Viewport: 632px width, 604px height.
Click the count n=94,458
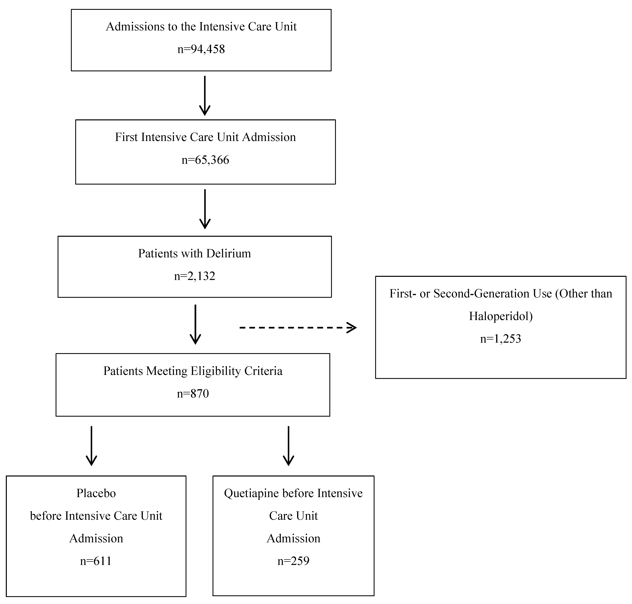(x=201, y=49)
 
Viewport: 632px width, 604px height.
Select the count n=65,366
(x=205, y=160)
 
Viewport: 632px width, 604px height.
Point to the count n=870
(x=193, y=393)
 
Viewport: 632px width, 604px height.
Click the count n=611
(x=96, y=561)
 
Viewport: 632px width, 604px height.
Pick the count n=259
(x=293, y=561)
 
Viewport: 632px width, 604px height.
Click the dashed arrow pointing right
(x=298, y=328)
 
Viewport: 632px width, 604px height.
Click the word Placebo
(x=96, y=493)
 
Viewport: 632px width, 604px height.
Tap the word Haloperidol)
(x=501, y=316)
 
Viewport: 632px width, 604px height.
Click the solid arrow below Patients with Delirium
(x=195, y=325)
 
